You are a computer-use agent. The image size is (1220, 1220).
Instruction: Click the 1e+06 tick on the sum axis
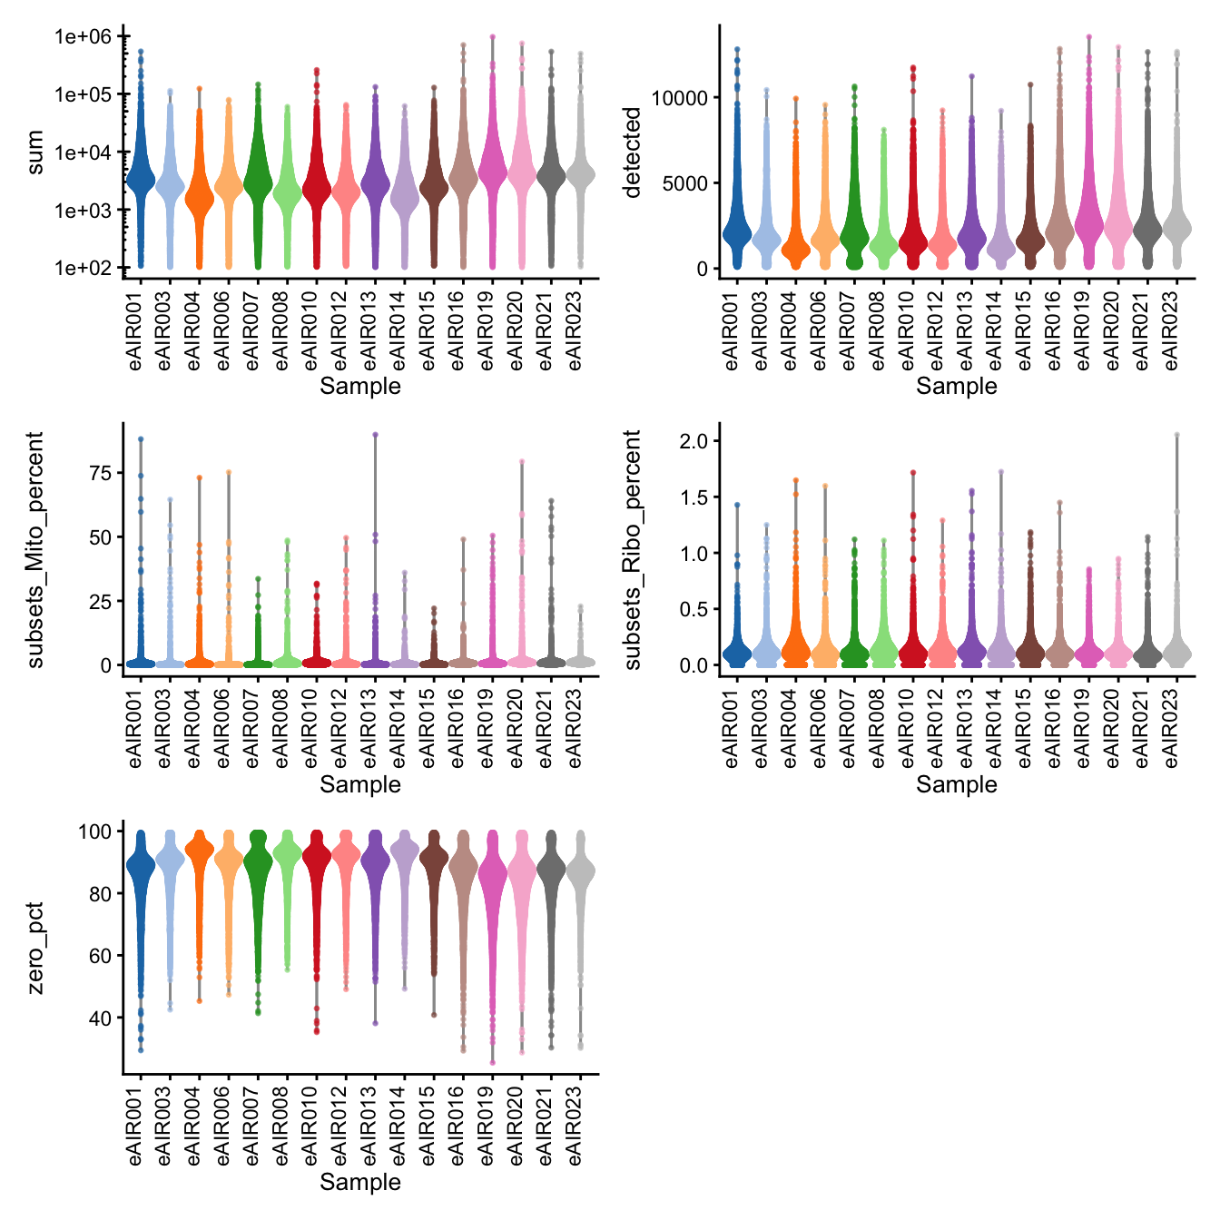click(84, 37)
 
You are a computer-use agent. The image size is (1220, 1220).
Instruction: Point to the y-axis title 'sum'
click(35, 152)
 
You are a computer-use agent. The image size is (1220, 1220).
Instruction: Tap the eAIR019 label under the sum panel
click(489, 330)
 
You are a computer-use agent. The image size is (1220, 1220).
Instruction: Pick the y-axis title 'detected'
click(633, 152)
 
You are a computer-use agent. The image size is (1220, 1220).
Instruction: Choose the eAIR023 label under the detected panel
click(1172, 330)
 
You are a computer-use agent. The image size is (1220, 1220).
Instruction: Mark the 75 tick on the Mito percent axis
click(100, 473)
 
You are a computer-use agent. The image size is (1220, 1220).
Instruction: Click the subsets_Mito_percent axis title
click(35, 550)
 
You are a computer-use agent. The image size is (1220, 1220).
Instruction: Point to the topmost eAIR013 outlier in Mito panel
click(375, 435)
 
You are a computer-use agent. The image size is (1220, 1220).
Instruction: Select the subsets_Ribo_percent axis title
click(633, 550)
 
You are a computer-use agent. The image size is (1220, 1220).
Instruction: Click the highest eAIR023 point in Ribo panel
click(1176, 435)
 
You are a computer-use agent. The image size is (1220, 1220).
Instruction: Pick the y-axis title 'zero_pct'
click(35, 948)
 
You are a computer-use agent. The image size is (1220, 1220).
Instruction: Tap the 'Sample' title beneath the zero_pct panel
click(360, 1182)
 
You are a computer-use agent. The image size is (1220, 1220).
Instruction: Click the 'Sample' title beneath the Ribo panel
click(957, 784)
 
